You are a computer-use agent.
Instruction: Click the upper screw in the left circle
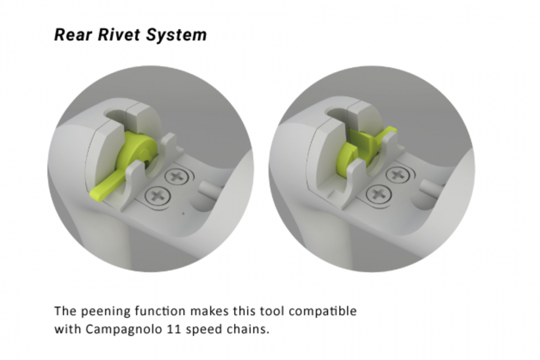tap(176, 176)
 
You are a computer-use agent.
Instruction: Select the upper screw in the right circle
tap(397, 174)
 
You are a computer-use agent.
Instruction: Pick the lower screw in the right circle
tap(379, 193)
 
